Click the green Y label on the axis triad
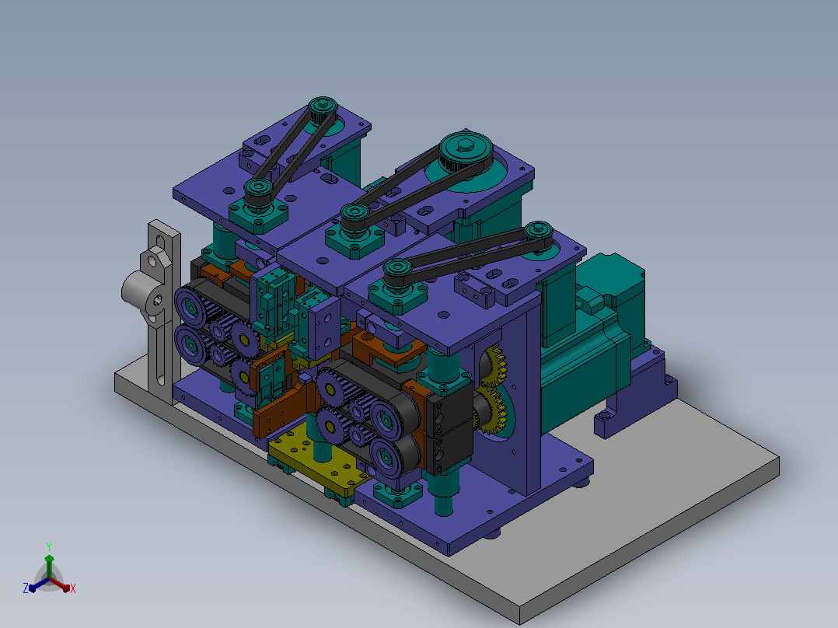(49, 546)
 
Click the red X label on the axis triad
(73, 588)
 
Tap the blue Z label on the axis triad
(25, 588)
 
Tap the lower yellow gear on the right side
(491, 409)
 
